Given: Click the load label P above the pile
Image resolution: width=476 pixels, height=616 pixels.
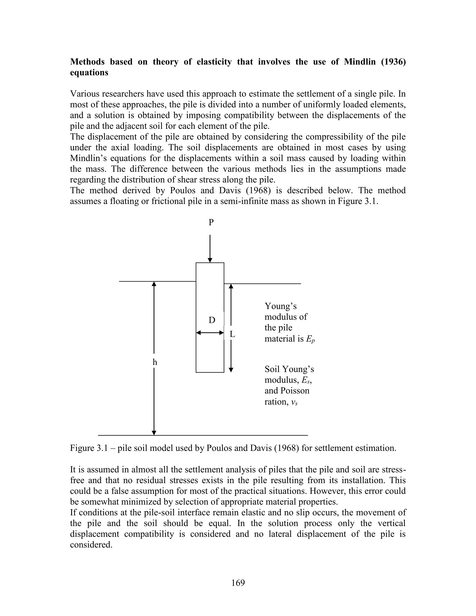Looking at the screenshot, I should coord(211,222).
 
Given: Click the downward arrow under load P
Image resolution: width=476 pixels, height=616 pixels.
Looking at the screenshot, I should coord(210,248).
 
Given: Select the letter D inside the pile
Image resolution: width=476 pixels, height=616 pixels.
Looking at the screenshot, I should coord(212,320).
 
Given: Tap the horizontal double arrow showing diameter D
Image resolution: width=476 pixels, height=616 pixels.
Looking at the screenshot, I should coord(210,333).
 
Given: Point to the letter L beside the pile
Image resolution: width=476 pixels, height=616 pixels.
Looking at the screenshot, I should coord(232,334).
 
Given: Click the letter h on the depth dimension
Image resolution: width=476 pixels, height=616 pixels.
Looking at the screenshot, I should coord(155,362).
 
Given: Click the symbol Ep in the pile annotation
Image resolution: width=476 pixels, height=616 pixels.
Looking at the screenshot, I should coord(310,339).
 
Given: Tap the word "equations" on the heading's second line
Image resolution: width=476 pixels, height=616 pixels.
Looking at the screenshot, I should coord(89,73).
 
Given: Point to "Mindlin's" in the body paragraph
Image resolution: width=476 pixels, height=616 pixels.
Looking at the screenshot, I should coord(87,158).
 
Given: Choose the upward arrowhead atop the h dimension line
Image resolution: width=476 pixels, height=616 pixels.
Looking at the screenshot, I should coord(154,284).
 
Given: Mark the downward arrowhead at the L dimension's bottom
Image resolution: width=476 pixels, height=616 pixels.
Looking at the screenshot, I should coord(231,370).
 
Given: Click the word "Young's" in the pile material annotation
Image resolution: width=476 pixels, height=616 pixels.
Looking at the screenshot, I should coord(280,306).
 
